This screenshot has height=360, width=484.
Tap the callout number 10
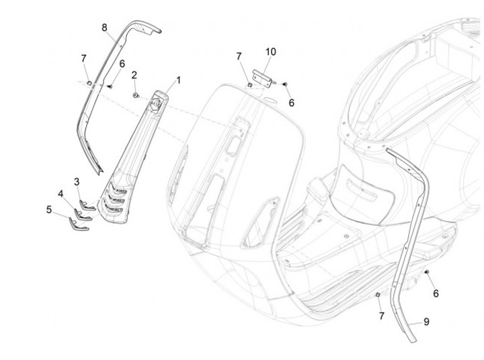coord(270,52)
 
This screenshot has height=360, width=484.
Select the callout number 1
coord(179,80)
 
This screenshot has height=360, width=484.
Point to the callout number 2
coord(134,74)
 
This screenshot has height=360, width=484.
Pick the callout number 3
coord(77,182)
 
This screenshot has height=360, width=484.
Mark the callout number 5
coord(49,209)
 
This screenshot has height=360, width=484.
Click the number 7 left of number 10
coord(238,56)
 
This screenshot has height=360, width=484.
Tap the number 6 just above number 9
coord(435,294)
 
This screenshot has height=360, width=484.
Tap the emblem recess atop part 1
coord(157,103)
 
